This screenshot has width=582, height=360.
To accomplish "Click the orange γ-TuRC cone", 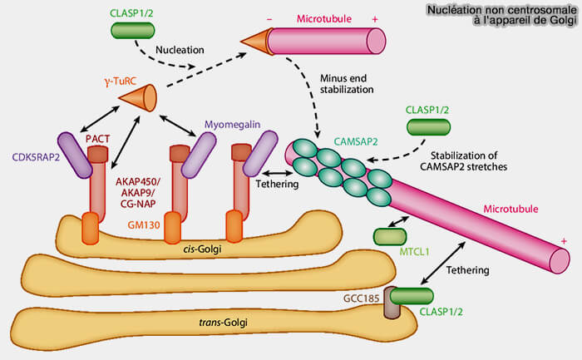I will (138, 99).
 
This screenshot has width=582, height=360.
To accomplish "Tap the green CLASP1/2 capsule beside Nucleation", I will (134, 30).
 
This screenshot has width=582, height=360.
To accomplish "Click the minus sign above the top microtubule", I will (269, 17).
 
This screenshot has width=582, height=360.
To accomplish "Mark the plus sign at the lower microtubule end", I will (565, 241).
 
